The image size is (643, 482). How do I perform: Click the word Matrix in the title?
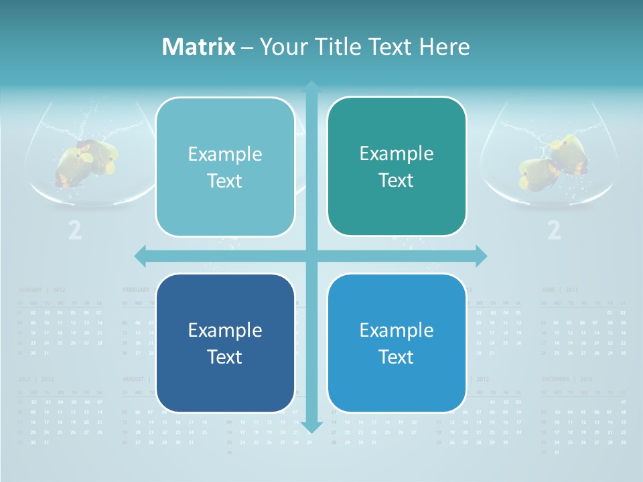[199, 47]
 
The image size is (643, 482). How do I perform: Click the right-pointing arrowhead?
[481, 255]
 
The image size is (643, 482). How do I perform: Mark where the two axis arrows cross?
[311, 255]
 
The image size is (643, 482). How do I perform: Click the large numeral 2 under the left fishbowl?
[75, 230]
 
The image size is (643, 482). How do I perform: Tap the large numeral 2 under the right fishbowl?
[554, 230]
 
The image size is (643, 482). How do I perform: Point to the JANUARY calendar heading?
[30, 290]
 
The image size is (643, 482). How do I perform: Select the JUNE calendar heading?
[549, 290]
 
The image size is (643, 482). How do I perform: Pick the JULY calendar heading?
[26, 379]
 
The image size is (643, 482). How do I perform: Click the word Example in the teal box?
[397, 154]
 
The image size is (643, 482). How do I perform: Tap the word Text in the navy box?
[225, 357]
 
